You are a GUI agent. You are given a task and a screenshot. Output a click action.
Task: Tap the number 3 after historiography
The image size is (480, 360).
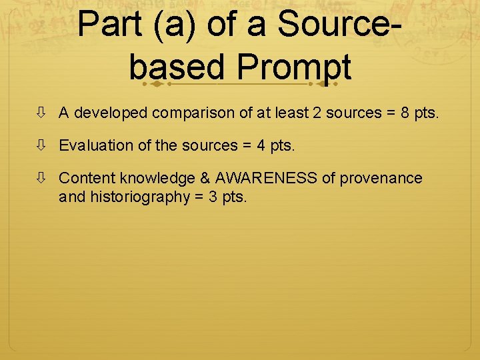[210, 197]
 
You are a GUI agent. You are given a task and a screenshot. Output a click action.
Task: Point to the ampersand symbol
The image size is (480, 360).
[204, 178]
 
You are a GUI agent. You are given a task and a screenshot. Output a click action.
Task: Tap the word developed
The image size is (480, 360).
[110, 113]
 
